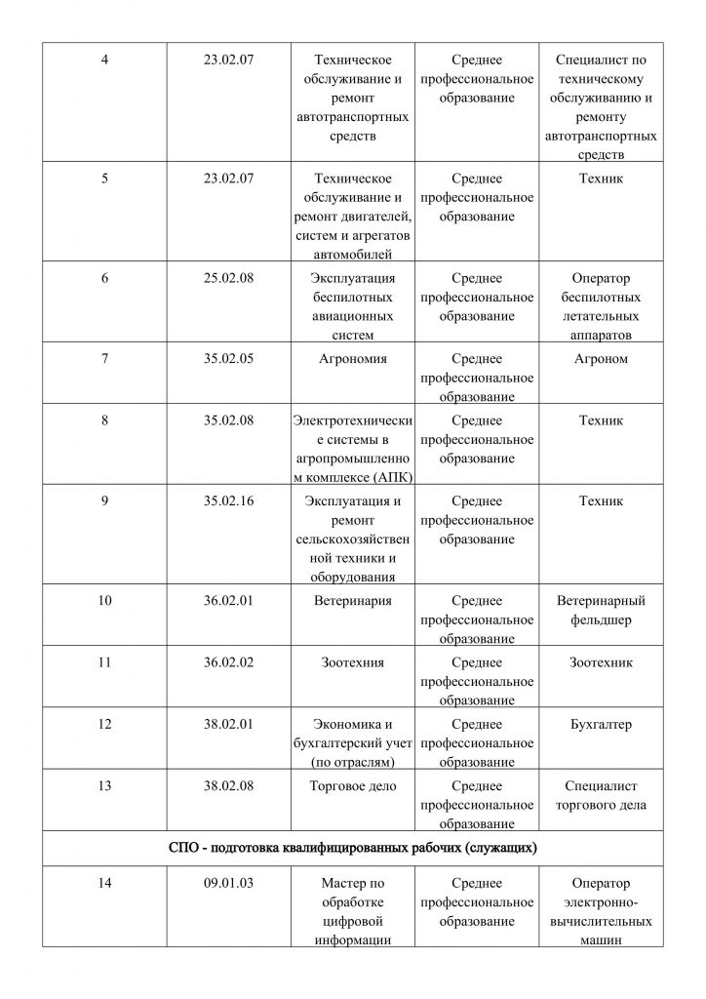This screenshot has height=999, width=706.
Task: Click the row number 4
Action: [x=105, y=60]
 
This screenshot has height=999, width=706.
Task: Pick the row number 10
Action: [x=105, y=600]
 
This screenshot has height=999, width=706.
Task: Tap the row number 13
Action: [x=105, y=786]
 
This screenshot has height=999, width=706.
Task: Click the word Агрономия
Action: [x=353, y=358]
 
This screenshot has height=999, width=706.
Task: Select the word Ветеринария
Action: [x=353, y=600]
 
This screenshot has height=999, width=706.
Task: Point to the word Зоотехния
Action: [x=353, y=662]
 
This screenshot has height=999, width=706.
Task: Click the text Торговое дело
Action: [x=353, y=786]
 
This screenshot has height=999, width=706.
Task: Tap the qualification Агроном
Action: [x=601, y=358]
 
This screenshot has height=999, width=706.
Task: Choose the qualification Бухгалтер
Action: [x=601, y=725]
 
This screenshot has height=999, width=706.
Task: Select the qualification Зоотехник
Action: [x=601, y=662]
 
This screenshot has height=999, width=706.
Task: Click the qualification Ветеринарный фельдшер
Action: [x=601, y=610]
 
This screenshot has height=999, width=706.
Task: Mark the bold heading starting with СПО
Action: [x=353, y=848]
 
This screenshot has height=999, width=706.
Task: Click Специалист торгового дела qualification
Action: [x=601, y=796]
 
